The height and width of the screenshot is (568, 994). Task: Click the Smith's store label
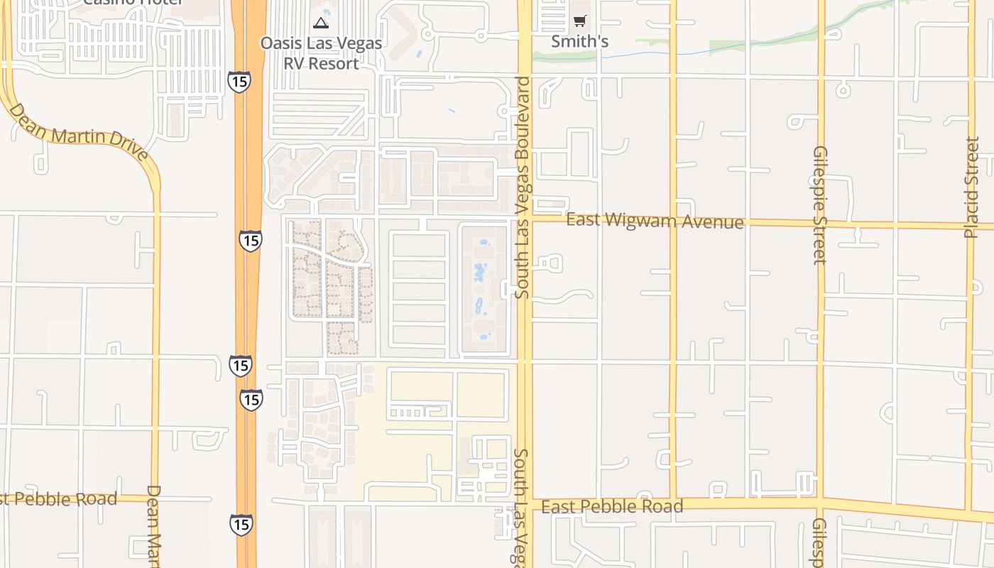click(580, 41)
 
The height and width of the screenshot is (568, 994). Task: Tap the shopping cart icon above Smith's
click(580, 21)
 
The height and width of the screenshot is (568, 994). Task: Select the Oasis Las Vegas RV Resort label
click(321, 53)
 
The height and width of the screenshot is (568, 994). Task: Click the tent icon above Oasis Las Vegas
click(321, 23)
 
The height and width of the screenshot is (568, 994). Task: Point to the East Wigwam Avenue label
click(655, 221)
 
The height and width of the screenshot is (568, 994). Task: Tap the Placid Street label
click(972, 187)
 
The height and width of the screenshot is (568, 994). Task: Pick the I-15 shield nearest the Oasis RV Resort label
click(239, 82)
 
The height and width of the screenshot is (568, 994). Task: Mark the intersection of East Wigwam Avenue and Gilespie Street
click(821, 223)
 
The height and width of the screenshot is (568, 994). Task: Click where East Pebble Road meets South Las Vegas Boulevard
click(525, 501)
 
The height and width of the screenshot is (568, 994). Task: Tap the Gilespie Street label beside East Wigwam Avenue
click(821, 205)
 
